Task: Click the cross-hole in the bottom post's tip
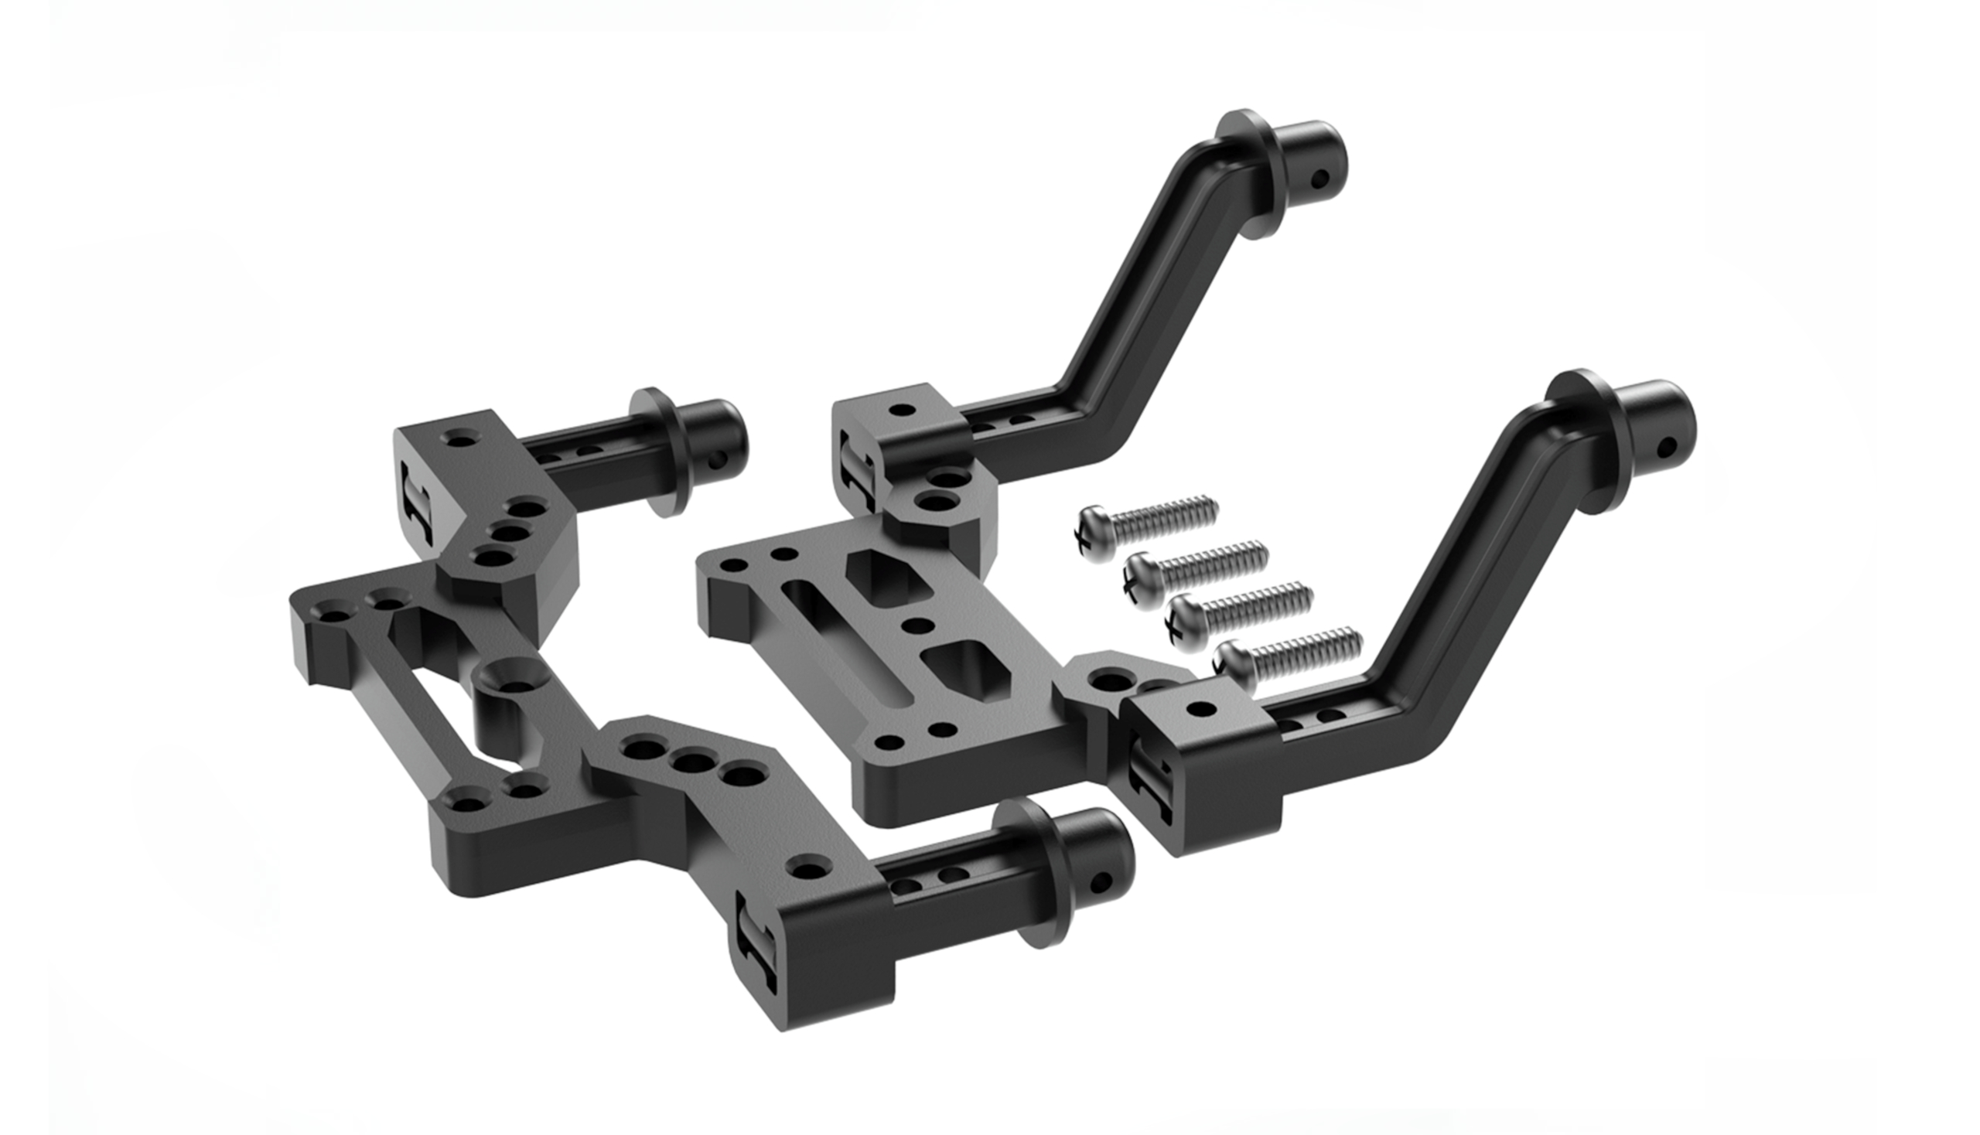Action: click(1101, 882)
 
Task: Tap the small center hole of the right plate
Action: click(918, 626)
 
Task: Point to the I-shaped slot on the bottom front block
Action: click(753, 947)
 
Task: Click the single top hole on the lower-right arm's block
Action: click(1202, 710)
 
